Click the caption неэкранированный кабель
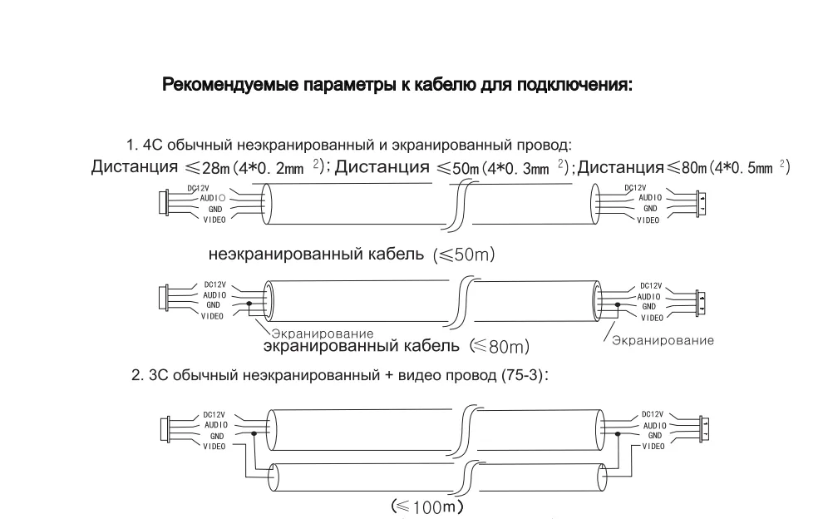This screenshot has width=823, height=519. point(320,254)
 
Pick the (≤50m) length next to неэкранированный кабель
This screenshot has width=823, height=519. point(464,255)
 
